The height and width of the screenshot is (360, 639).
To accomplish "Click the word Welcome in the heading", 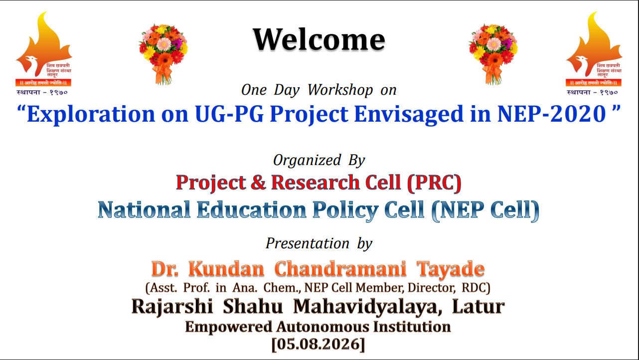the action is pyautogui.click(x=319, y=39).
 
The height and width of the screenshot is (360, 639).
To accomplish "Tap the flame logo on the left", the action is pyautogui.click(x=43, y=53).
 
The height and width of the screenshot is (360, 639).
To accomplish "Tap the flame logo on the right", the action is pyautogui.click(x=594, y=53).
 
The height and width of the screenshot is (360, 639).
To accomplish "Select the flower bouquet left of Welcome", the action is pyautogui.click(x=163, y=54).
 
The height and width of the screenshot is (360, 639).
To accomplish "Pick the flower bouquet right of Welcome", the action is pyautogui.click(x=493, y=54).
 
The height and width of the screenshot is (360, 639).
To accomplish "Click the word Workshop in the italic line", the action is pyautogui.click(x=340, y=90).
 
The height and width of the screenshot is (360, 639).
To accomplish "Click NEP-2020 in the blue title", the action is pyautogui.click(x=551, y=114).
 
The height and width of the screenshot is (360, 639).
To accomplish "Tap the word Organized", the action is pyautogui.click(x=307, y=161).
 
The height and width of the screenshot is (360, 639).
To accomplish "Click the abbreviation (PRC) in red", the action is pyautogui.click(x=434, y=182).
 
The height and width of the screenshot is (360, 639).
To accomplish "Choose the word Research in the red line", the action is pyautogui.click(x=315, y=182).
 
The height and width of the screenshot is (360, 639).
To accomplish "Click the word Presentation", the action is pyautogui.click(x=308, y=243).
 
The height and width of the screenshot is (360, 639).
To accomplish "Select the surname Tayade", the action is pyautogui.click(x=451, y=269).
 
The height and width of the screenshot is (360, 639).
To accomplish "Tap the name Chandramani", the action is pyautogui.click(x=340, y=268).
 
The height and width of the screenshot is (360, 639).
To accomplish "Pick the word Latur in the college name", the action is pyautogui.click(x=479, y=306).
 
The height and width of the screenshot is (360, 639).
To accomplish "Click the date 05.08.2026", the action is pyautogui.click(x=318, y=344).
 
